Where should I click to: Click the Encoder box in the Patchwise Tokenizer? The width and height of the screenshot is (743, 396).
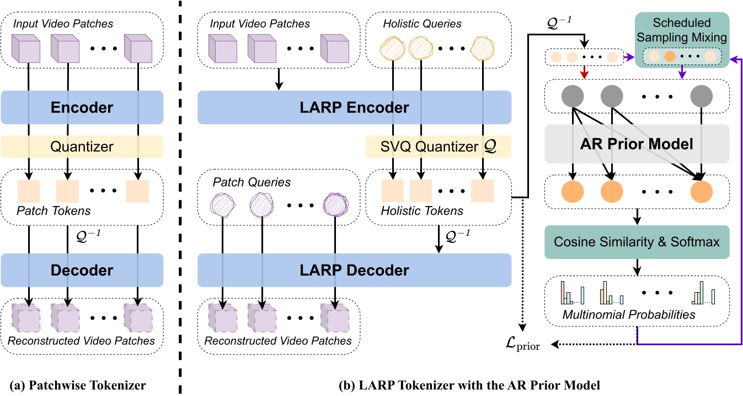(82, 108)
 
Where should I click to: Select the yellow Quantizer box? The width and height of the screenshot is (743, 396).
(82, 146)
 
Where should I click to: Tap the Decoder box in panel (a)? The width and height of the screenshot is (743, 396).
(82, 270)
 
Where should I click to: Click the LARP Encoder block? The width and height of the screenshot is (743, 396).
(354, 108)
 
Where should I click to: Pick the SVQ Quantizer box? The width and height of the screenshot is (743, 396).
(438, 147)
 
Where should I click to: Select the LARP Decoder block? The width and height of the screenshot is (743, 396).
(354, 271)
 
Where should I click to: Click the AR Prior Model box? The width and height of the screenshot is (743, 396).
(637, 144)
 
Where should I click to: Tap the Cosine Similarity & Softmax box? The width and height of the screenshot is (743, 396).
(637, 242)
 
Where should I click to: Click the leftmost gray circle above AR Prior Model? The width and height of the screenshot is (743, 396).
(572, 98)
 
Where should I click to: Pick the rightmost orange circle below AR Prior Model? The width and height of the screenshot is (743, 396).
(701, 191)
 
